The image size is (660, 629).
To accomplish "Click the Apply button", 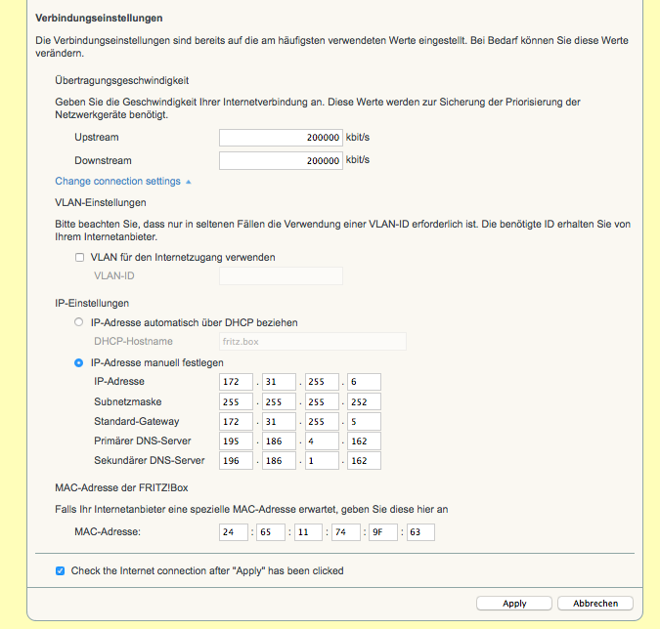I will (514, 604).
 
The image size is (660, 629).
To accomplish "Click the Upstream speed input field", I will (280, 138).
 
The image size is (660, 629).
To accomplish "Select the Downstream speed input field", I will (280, 160).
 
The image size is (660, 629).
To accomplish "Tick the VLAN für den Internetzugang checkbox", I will (80, 258).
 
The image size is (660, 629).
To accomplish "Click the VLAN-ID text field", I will (281, 276).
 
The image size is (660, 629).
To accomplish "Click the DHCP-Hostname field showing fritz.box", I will (312, 341).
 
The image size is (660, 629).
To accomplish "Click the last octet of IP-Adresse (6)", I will (363, 381).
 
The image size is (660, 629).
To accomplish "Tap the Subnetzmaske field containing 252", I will (363, 401).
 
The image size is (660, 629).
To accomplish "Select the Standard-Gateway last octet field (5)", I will (363, 421).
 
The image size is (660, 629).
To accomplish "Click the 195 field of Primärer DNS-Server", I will (237, 440).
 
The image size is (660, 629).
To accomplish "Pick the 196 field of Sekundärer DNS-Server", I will (237, 460).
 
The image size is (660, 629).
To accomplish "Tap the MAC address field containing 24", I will (234, 532).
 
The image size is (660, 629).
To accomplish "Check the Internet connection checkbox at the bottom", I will (61, 571).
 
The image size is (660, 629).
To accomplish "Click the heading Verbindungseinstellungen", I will (99, 19).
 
